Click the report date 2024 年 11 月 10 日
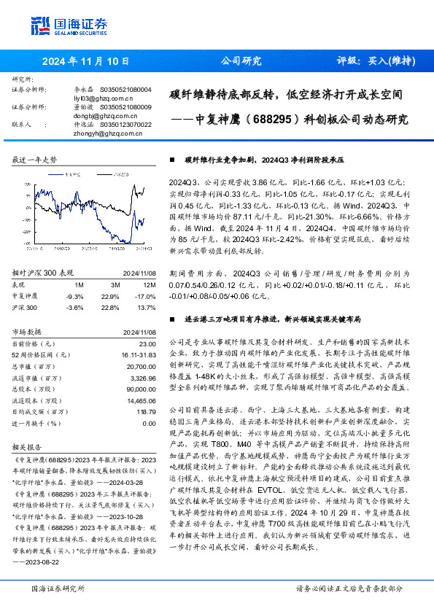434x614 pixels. [85, 61]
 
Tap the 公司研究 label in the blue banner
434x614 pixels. [241, 61]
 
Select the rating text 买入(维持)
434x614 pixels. [384, 61]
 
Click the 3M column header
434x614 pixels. [115, 284]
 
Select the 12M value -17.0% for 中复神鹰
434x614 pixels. [147, 296]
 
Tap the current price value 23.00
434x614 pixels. [147, 343]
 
